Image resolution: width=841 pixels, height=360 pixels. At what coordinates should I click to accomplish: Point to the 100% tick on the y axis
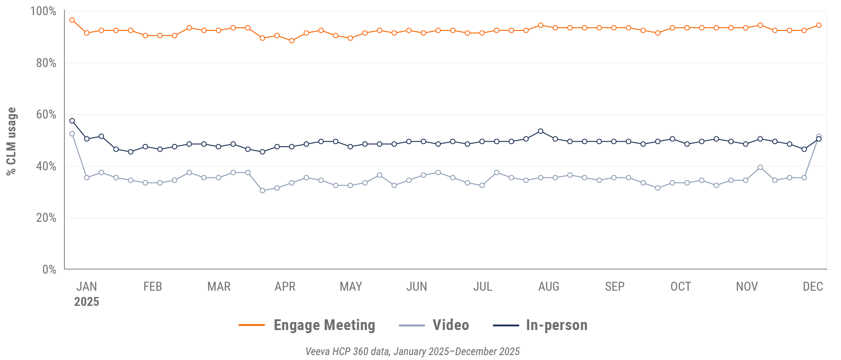(x=43, y=11)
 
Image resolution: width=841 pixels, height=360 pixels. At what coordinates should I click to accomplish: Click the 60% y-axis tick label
(x=46, y=114)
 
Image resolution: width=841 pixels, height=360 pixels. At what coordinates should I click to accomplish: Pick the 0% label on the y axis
(x=49, y=269)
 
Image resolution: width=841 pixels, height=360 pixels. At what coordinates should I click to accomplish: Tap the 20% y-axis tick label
(x=46, y=218)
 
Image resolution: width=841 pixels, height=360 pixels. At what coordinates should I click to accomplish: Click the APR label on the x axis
(x=285, y=286)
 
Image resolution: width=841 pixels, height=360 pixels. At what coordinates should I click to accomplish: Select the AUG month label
(x=549, y=286)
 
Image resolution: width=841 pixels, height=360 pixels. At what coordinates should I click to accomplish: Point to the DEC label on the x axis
(x=813, y=286)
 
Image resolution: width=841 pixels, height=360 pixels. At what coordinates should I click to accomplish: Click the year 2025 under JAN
(x=86, y=302)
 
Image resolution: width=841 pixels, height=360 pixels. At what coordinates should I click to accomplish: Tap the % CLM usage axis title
(x=11, y=141)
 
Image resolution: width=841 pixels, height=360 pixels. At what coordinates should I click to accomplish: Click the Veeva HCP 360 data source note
(x=412, y=352)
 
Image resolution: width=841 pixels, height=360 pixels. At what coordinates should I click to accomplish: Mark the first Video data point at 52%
(x=72, y=134)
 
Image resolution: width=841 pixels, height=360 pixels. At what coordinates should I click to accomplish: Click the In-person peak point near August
(x=540, y=131)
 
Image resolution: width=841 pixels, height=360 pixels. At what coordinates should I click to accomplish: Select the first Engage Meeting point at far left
(x=72, y=20)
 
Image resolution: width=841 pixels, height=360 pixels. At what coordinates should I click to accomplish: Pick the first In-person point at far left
(x=72, y=121)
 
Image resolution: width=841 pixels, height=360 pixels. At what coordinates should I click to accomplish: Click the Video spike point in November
(x=760, y=167)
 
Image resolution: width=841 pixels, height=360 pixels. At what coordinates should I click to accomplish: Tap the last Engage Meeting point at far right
(x=819, y=25)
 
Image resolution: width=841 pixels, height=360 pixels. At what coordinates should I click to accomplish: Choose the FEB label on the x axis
(x=153, y=286)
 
